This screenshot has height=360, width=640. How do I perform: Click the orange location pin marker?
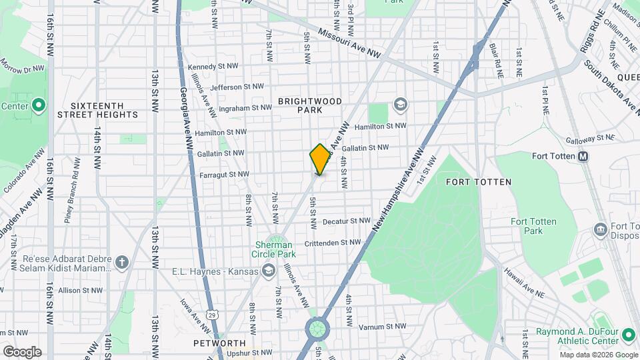pos(321,159)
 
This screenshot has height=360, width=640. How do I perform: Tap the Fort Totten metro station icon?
pos(583,157)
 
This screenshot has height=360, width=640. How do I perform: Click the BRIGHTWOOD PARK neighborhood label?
pos(310,105)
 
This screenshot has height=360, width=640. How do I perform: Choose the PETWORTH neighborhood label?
pos(215,343)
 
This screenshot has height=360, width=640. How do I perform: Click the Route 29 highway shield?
pos(212,314)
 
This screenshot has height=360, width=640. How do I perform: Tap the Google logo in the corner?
pos(22,352)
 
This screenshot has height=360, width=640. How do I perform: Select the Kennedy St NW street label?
pos(213,67)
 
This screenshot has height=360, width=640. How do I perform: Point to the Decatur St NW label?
pos(346,221)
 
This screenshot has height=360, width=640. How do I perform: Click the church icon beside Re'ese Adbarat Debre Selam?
pos(121,262)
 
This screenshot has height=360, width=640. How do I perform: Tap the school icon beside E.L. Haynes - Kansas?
pos(268,270)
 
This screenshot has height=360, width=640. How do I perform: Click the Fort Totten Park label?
pos(533,226)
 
